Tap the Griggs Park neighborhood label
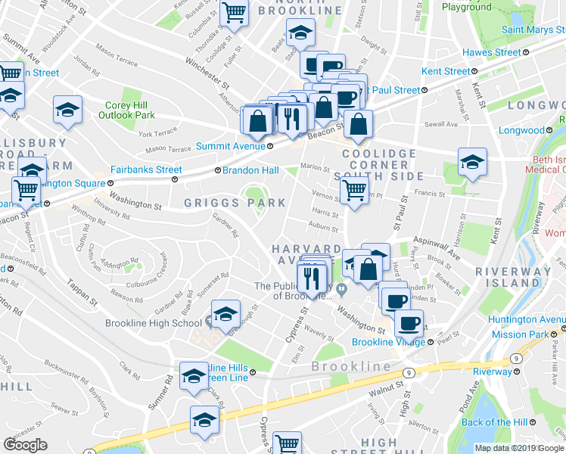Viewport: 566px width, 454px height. (x=235, y=202)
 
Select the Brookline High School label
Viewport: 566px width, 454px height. (x=165, y=323)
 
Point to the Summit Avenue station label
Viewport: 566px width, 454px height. (x=230, y=146)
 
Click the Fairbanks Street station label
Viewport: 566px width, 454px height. (x=146, y=170)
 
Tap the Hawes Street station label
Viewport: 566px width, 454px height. (x=491, y=52)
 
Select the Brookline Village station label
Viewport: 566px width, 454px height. (x=390, y=342)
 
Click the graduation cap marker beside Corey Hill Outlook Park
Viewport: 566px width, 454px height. (x=67, y=109)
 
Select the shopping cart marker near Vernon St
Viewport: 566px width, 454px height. (x=353, y=191)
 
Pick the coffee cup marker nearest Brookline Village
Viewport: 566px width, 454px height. (x=409, y=323)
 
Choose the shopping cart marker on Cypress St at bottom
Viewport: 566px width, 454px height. (x=287, y=443)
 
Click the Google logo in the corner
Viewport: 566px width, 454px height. (x=25, y=445)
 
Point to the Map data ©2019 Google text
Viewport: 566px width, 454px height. (x=518, y=448)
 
